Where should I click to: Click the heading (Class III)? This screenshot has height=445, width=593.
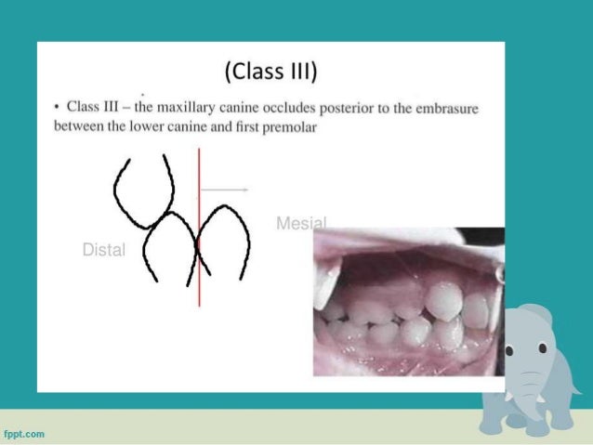click(x=270, y=71)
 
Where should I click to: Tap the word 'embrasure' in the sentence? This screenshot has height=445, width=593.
click(x=447, y=109)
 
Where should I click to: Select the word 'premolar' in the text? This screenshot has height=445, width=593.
click(x=289, y=125)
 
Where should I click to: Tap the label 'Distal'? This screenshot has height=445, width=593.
click(x=103, y=250)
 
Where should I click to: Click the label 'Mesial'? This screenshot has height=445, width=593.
click(x=301, y=223)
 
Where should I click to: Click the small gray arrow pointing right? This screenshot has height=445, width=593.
click(x=225, y=189)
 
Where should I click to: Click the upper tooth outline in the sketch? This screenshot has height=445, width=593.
click(x=143, y=190)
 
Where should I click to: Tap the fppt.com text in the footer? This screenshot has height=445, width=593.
click(x=25, y=433)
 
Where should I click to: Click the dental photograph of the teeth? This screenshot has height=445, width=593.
click(x=407, y=302)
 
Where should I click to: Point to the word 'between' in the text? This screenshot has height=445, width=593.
click(x=78, y=125)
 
